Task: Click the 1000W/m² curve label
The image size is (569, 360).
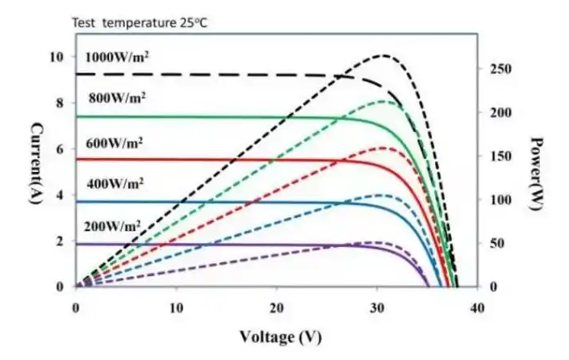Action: pos(118,58)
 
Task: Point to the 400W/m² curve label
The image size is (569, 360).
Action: pos(115,185)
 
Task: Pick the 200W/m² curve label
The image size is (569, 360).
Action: pos(115,227)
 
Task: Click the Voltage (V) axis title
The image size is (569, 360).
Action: pos(274,337)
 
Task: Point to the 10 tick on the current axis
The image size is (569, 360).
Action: pos(55,57)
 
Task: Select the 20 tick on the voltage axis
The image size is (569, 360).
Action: pos(277,308)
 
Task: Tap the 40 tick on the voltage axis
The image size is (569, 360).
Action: pos(478,308)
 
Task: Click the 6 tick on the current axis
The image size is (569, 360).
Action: pos(58,149)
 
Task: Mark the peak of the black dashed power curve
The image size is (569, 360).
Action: pos(383,56)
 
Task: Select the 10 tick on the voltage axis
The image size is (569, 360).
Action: pos(176,308)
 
